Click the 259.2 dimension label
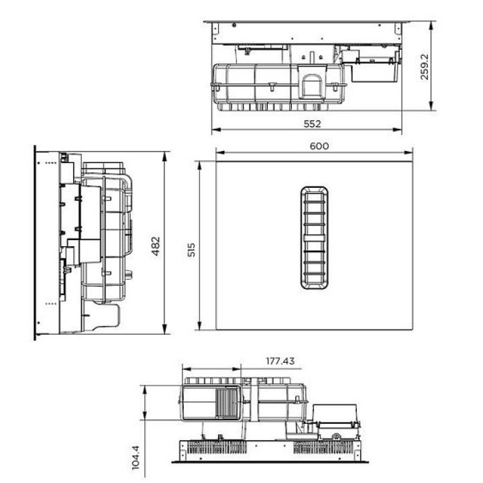[425, 67]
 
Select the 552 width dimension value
[313, 123]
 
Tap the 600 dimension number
[319, 146]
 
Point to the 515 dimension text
[191, 250]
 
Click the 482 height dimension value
[156, 246]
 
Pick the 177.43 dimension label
[280, 361]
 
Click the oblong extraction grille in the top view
[314, 237]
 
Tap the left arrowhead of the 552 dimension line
[216, 129]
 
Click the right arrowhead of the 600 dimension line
[409, 152]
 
